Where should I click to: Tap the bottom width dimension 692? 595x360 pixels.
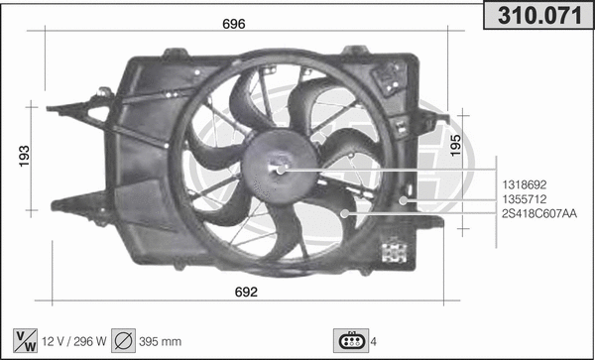click(246, 291)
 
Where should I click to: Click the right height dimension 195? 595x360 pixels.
click(455, 145)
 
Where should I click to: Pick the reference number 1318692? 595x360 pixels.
click(525, 184)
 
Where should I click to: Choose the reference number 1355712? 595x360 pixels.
click(525, 199)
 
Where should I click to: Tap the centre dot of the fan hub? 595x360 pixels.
click(281, 170)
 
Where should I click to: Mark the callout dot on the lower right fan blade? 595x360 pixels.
click(344, 213)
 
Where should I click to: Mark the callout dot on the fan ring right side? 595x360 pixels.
click(404, 199)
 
